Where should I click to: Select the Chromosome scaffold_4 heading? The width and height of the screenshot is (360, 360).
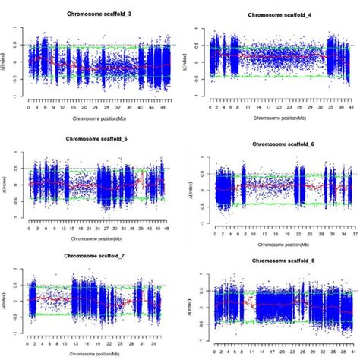tap(270, 15)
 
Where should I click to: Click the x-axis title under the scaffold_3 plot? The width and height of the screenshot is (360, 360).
tap(95, 118)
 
